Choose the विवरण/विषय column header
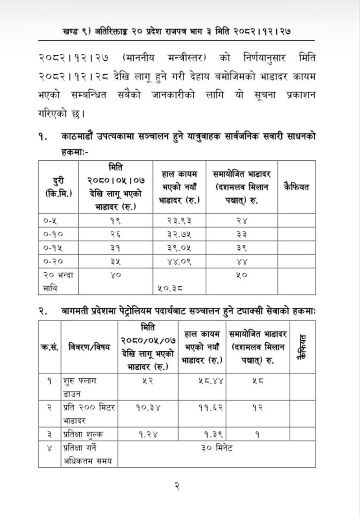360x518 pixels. tap(88, 348)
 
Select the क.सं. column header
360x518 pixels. tap(49, 348)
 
